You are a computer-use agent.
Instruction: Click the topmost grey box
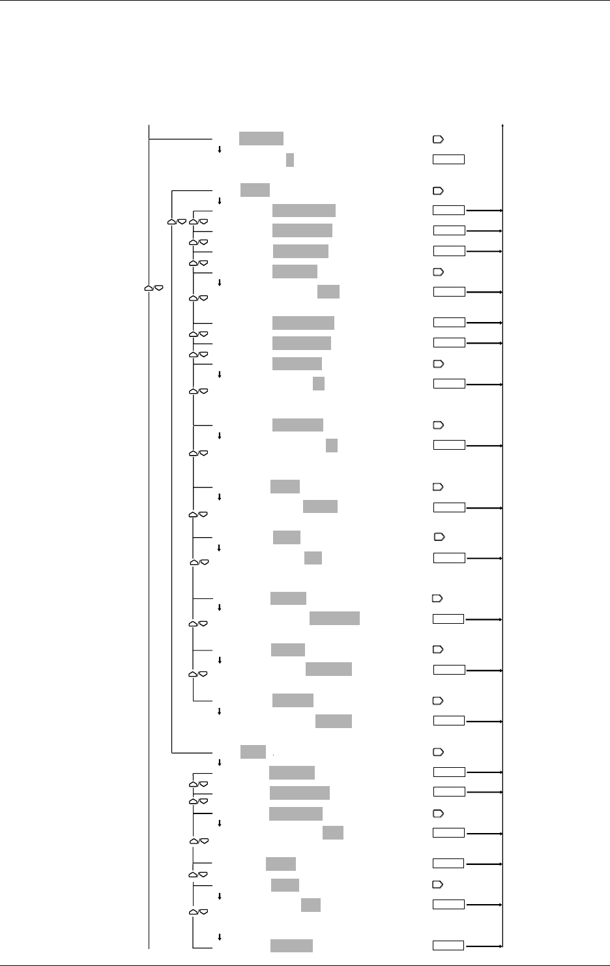(x=261, y=138)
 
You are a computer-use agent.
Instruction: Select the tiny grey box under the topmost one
(x=290, y=160)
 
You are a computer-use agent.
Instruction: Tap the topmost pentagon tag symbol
(x=438, y=139)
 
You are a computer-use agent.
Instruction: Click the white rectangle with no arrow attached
(x=448, y=159)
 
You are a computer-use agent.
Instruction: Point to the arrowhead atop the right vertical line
(x=503, y=124)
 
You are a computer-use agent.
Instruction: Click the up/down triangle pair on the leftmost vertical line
(x=154, y=287)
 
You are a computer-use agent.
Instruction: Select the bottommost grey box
(x=291, y=946)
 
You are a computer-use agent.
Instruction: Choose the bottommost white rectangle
(x=448, y=946)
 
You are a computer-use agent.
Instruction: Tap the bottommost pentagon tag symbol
(x=438, y=885)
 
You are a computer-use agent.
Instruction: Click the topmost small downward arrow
(x=219, y=149)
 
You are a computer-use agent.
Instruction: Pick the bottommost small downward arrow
(x=219, y=937)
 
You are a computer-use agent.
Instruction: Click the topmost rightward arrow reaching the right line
(x=484, y=211)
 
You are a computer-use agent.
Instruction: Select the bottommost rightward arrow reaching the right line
(x=484, y=946)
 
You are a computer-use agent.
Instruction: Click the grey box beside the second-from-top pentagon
(x=255, y=190)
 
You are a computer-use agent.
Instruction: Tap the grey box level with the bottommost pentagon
(x=285, y=885)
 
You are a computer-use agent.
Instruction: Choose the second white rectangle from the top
(x=448, y=210)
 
